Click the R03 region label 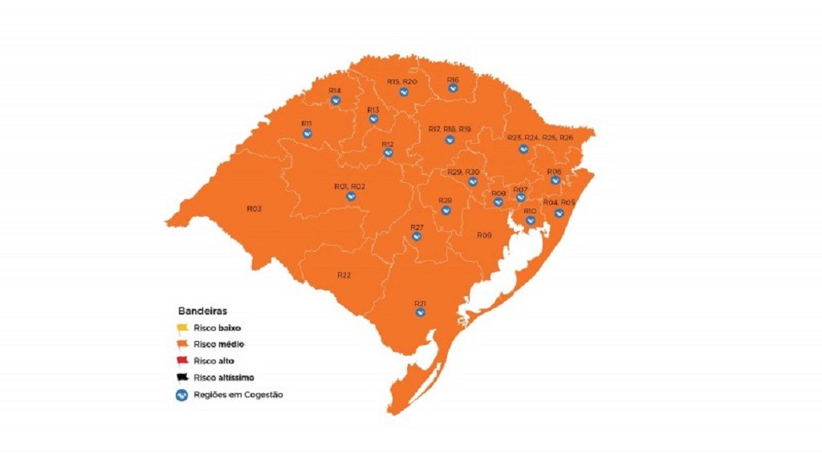tap(254, 209)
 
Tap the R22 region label tap(344, 275)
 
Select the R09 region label tap(484, 235)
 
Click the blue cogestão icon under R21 tap(420, 312)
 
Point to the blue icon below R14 tap(335, 100)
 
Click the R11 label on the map tap(307, 124)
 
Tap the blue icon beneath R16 tap(454, 88)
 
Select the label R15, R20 tap(401, 82)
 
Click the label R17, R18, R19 tap(450, 129)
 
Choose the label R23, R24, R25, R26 tap(540, 138)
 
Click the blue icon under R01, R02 tap(350, 196)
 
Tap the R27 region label tap(417, 228)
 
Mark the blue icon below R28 tap(446, 210)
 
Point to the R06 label tap(554, 172)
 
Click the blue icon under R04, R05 tap(560, 213)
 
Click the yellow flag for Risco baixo tap(182, 327)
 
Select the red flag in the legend tap(182, 361)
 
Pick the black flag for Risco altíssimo tap(182, 377)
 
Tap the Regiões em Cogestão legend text tap(238, 394)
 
